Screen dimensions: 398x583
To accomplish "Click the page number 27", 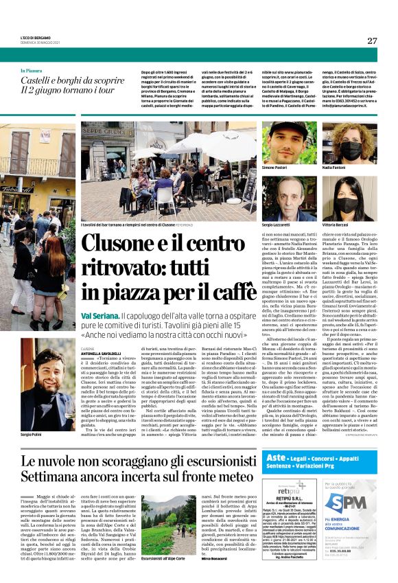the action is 372,41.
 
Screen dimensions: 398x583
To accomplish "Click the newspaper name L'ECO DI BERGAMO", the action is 35,37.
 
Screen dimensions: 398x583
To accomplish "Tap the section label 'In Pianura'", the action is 32,70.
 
